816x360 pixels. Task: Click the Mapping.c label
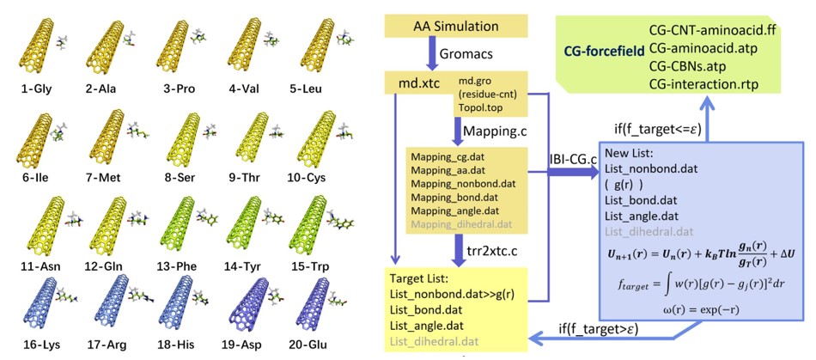(494, 130)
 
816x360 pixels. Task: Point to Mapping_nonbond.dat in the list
(462, 183)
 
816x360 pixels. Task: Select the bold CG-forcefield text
(604, 52)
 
